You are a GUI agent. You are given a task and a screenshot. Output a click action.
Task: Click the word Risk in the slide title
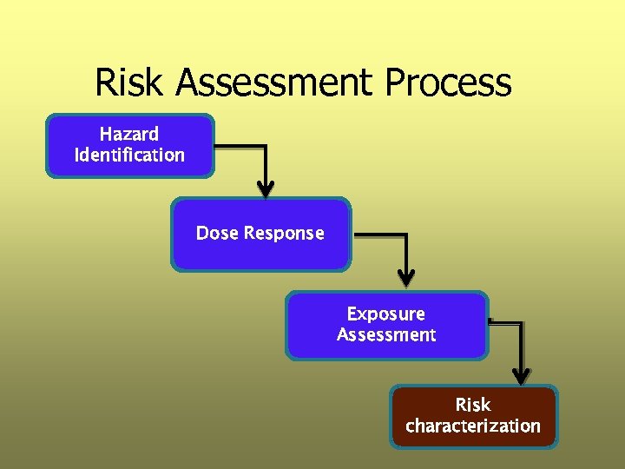pyautogui.click(x=131, y=83)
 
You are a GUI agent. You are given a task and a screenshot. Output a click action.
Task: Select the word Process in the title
pyautogui.click(x=448, y=83)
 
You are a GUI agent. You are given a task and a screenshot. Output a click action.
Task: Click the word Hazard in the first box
pyautogui.click(x=129, y=134)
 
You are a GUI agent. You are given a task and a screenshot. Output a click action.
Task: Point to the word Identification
pyautogui.click(x=129, y=155)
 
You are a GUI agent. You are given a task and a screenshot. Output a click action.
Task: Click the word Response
pyautogui.click(x=284, y=233)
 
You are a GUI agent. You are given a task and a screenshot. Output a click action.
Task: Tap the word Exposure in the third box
pyautogui.click(x=385, y=314)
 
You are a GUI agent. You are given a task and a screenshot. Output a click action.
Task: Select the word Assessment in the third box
pyautogui.click(x=385, y=335)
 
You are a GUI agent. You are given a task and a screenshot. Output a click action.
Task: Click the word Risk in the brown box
pyautogui.click(x=473, y=405)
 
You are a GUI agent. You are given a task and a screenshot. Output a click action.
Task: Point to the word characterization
pyautogui.click(x=473, y=426)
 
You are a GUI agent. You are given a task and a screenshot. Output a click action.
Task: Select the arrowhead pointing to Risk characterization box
pyautogui.click(x=520, y=375)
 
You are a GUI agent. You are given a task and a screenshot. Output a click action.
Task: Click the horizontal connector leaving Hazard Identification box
pyautogui.click(x=239, y=145)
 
